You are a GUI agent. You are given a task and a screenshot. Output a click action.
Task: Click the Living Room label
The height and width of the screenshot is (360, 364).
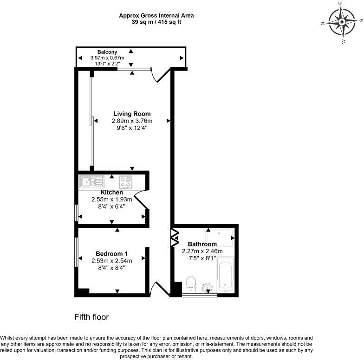[132, 114]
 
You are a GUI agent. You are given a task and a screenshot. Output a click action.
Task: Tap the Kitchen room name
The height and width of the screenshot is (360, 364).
[111, 192]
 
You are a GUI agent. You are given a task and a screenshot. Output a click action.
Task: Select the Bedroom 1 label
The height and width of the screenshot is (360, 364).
[111, 253]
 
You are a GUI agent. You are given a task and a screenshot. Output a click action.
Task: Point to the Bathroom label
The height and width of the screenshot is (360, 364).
[202, 244]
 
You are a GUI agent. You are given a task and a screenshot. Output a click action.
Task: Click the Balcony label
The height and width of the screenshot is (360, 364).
[107, 52]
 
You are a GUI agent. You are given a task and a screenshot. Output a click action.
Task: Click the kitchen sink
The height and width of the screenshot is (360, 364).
[92, 181]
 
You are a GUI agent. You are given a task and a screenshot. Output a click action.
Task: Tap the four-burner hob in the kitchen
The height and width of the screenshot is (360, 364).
[125, 182]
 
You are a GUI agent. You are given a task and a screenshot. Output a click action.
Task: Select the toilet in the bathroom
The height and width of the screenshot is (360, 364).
[191, 284]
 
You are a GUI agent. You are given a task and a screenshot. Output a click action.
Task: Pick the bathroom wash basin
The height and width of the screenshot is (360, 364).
[207, 288]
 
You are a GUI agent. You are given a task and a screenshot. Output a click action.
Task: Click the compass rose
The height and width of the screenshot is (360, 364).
[342, 22]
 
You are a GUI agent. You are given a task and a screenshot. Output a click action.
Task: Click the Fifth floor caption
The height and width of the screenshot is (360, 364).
[91, 317]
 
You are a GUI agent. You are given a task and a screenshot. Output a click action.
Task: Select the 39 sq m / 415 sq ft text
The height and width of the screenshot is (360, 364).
[156, 22]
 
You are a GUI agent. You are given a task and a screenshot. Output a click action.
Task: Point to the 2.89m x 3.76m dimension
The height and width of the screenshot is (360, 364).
[132, 121]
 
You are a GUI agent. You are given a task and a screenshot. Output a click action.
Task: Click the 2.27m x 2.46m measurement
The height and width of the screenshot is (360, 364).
[202, 251]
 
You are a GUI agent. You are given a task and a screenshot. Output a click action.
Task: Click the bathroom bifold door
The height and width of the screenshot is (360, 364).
[175, 238]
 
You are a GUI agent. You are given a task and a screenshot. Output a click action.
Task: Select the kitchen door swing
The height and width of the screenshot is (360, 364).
[140, 199]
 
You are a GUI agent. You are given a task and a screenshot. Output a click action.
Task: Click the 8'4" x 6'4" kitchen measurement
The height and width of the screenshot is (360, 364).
[111, 206]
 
